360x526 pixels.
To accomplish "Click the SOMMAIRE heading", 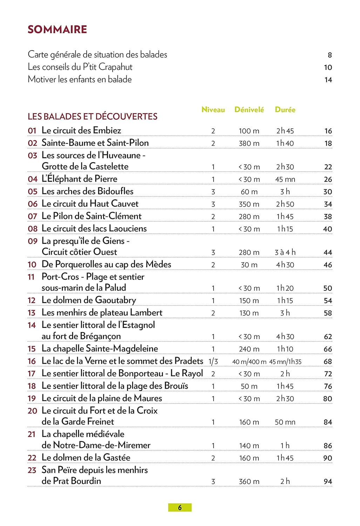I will [x=57, y=29].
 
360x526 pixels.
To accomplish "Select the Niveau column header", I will [x=213, y=110].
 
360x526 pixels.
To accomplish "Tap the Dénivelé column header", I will [x=249, y=110].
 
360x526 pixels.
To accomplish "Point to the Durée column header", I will [x=285, y=110].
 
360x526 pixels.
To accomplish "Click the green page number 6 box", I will [x=180, y=507].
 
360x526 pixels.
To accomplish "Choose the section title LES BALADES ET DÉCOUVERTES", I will [x=93, y=116].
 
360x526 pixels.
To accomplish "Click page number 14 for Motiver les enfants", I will [x=328, y=80].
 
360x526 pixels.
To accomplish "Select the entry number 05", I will [x=33, y=191].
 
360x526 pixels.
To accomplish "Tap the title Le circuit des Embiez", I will [x=81, y=130].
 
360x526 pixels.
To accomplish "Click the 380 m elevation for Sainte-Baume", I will [x=249, y=143].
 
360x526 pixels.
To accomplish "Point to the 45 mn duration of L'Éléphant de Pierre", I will [x=285, y=180].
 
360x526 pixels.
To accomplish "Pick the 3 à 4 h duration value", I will [x=285, y=252].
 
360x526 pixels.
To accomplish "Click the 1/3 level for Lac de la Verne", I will [x=213, y=362].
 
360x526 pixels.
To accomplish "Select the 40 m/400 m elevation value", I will [x=249, y=362].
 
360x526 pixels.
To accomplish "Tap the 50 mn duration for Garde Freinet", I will [x=285, y=422].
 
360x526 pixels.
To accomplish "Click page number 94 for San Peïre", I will [x=328, y=481].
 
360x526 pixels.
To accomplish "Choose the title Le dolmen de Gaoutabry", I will [x=89, y=301].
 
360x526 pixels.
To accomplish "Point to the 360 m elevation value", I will [x=249, y=481].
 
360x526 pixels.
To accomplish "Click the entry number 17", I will [x=32, y=374].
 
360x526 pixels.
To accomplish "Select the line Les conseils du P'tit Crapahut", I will [x=80, y=67].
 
